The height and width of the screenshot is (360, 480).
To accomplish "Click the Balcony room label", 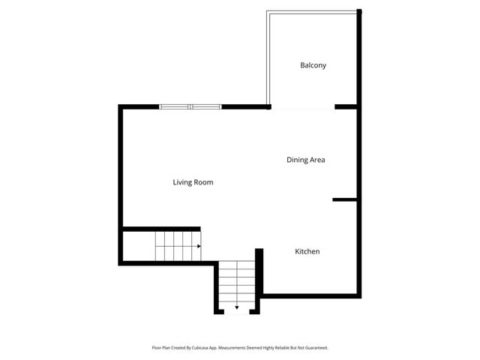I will (x=313, y=65).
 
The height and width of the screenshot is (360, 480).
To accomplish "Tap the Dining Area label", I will (x=305, y=160).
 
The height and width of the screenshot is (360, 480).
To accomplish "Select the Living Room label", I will (x=193, y=182).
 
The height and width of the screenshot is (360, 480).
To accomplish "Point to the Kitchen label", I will (x=307, y=251).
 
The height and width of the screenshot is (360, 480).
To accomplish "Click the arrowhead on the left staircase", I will (x=199, y=246).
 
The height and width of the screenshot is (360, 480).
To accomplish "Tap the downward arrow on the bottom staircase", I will (x=237, y=307).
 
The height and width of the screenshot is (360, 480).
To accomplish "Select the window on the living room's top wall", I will (x=190, y=106).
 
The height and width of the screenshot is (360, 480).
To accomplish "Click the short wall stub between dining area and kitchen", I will (x=345, y=199).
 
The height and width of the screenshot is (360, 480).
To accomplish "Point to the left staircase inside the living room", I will (x=178, y=246).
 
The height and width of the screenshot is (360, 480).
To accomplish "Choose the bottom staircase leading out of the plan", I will (x=237, y=286).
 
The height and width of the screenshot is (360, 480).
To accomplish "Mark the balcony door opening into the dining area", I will (x=302, y=108).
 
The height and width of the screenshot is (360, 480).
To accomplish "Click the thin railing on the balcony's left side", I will (x=268, y=60).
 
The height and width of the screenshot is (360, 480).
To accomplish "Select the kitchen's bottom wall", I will (x=310, y=295).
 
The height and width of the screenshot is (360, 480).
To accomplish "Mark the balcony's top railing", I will (x=313, y=11).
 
